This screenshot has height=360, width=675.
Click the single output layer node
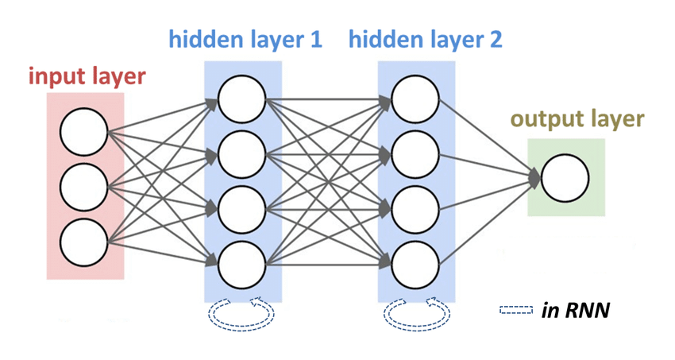(565, 179)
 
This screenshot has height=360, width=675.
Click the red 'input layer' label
(87, 77)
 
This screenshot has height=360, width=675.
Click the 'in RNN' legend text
(576, 310)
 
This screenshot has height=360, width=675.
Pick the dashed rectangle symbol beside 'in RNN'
(516, 310)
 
